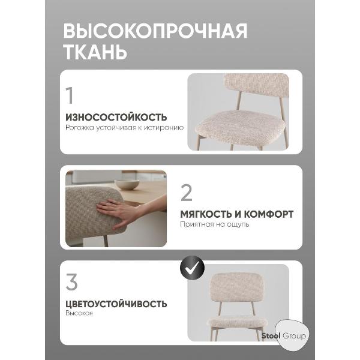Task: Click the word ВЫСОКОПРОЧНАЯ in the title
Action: pos(155,31)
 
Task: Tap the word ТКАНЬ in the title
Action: pos(95,52)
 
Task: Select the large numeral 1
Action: pos(70,95)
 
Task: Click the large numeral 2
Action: pos(187,193)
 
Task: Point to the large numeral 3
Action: pos(72,283)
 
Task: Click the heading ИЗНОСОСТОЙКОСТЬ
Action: pos(116,116)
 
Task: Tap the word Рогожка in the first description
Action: pos(80,127)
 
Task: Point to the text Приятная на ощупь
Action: pos(214,224)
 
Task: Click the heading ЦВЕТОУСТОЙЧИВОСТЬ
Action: pos(116,304)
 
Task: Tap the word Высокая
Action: pos(79,314)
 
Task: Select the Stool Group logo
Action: pos(286,335)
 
